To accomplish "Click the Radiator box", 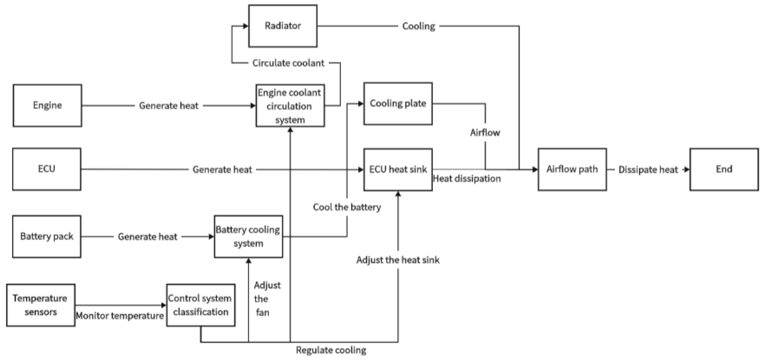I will click(x=282, y=26).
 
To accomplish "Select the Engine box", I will click(x=47, y=105).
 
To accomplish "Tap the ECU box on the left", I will click(x=47, y=169).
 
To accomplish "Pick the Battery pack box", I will click(x=47, y=236).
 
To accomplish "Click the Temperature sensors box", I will click(x=41, y=305).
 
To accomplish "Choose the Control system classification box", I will click(x=201, y=305).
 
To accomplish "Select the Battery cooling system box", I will click(x=248, y=236).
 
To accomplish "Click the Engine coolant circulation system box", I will click(x=290, y=106).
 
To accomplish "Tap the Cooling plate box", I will click(x=398, y=104).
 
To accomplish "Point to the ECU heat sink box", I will click(x=398, y=169).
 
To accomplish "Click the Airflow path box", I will click(x=572, y=169).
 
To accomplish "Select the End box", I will click(x=724, y=169).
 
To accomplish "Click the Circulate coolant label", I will click(x=288, y=63).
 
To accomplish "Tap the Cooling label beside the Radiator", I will click(x=418, y=26).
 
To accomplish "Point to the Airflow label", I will click(x=485, y=132).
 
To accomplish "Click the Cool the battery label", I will click(x=347, y=207).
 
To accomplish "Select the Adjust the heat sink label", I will click(x=398, y=260).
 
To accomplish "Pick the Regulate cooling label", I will click(x=331, y=350).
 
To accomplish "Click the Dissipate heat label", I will click(x=648, y=170).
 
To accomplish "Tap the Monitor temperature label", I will click(x=120, y=316).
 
